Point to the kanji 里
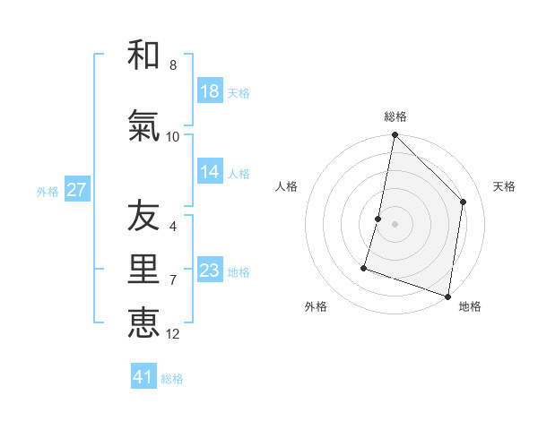(x=143, y=271)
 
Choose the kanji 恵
(x=143, y=322)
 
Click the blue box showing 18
(x=210, y=91)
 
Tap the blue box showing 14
(x=210, y=173)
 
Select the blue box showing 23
(x=210, y=271)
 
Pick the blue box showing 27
(x=77, y=190)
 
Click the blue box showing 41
(x=143, y=377)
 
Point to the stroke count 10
(x=173, y=136)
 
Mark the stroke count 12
(x=173, y=334)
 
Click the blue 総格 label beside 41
(x=172, y=379)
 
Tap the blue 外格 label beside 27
(x=48, y=191)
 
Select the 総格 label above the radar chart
(x=395, y=116)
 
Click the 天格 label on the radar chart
(x=505, y=186)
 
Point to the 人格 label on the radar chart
(x=286, y=186)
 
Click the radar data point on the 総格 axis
(x=395, y=135)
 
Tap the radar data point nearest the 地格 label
(x=447, y=296)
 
